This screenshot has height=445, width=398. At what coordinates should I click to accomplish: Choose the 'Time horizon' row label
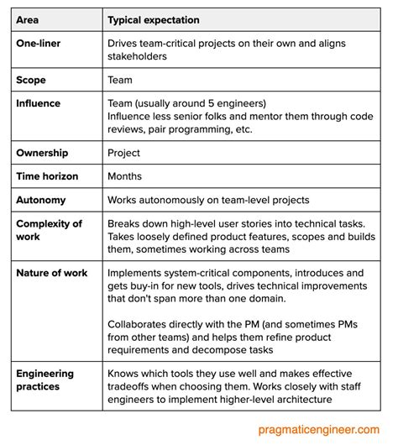[50, 177]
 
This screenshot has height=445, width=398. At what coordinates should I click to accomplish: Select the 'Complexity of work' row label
[50, 230]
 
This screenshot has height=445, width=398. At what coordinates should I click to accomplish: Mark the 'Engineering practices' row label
[45, 380]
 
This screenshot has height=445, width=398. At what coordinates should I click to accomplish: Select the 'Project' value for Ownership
[125, 154]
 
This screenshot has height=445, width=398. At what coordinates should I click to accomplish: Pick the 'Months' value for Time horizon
[126, 177]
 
